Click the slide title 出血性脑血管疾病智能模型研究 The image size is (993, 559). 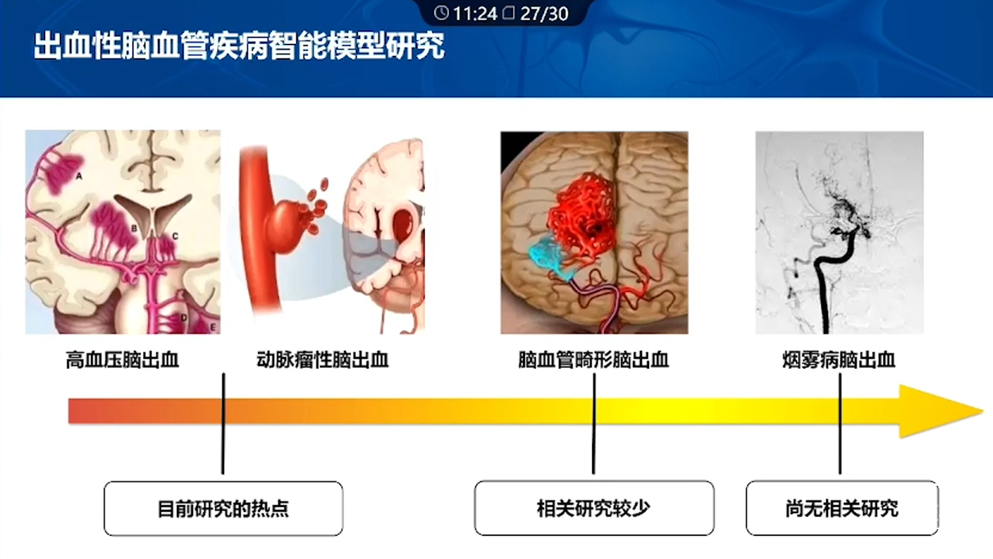point(239,46)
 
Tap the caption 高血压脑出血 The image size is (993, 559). point(123,360)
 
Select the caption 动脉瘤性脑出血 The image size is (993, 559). point(322,360)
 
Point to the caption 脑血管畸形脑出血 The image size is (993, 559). point(593,360)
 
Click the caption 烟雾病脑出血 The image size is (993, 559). point(838,360)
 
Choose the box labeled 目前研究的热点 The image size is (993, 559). point(223,508)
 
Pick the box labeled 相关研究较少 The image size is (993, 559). point(594,508)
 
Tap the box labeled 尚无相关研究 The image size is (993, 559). point(842,508)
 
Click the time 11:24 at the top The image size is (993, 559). point(475,13)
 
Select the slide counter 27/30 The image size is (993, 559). point(544,13)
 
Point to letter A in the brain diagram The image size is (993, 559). point(79,176)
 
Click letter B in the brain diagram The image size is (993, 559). point(134,228)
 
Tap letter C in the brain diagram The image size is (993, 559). point(175,236)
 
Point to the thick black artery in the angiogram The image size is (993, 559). point(827,279)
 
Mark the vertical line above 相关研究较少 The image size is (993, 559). point(594,423)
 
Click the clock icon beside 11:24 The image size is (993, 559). point(441,13)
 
